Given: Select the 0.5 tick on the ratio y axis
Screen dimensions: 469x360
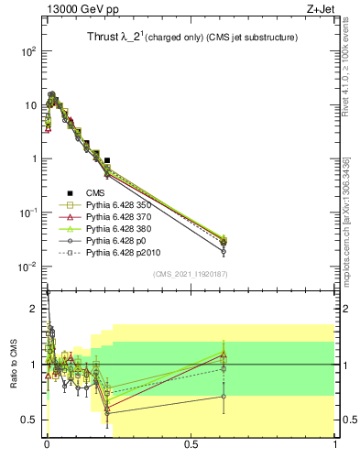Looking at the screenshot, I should point(30,420).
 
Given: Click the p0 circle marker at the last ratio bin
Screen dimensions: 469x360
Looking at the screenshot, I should point(224,397).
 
